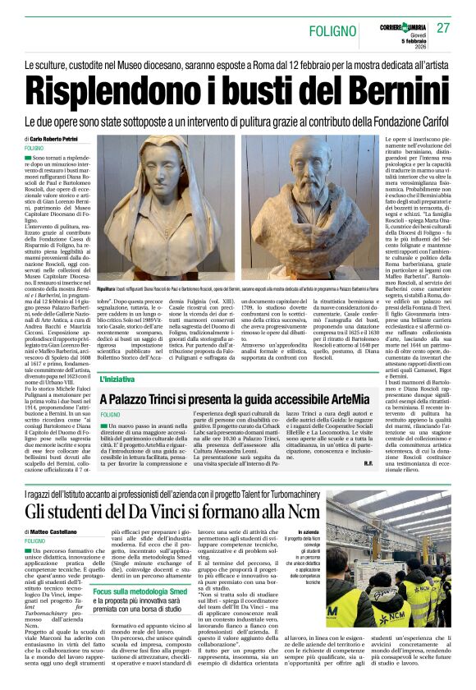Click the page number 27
[443, 28]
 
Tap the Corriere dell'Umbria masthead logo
[403, 19]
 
